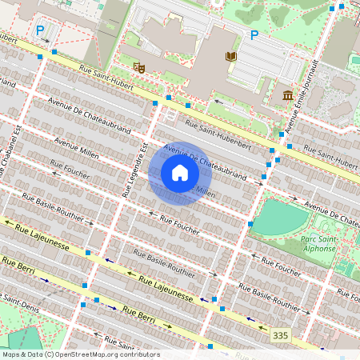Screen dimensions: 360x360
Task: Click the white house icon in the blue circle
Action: click(180, 173)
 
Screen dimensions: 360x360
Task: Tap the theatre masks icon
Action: click(139, 68)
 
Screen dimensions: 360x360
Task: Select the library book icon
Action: click(231, 56)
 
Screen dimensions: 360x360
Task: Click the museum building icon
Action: click(287, 97)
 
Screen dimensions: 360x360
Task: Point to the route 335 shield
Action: click(279, 334)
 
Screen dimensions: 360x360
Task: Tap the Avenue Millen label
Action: click(75, 146)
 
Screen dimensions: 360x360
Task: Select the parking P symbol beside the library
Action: click(254, 35)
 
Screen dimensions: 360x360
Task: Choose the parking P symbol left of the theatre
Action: click(40, 30)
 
